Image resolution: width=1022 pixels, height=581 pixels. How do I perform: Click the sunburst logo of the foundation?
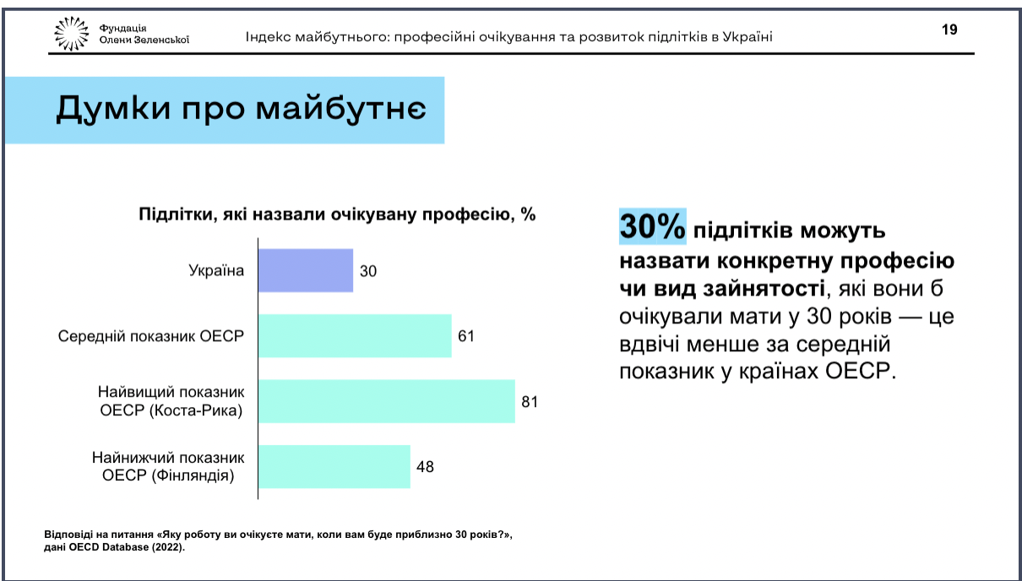pyautogui.click(x=71, y=33)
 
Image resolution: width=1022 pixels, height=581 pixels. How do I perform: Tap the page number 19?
pyautogui.click(x=949, y=30)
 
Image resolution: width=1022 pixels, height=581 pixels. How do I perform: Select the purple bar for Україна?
pyautogui.click(x=306, y=270)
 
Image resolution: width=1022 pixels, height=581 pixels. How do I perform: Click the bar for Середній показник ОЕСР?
pyautogui.click(x=355, y=335)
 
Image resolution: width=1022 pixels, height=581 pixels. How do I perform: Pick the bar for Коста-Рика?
pyautogui.click(x=387, y=401)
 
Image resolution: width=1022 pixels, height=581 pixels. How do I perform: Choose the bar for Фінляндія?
pyautogui.click(x=334, y=466)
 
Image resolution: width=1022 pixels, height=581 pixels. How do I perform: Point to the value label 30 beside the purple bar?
pyautogui.click(x=368, y=271)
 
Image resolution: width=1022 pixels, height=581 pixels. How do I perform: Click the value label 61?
pyautogui.click(x=466, y=336)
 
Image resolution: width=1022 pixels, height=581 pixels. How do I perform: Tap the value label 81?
pyautogui.click(x=530, y=402)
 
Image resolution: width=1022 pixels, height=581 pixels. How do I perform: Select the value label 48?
pyautogui.click(x=425, y=467)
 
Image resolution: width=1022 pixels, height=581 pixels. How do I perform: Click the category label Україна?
pyautogui.click(x=216, y=270)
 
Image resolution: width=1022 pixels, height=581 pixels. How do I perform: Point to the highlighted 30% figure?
pyautogui.click(x=652, y=226)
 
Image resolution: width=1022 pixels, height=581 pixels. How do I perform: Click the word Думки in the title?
pyautogui.click(x=113, y=109)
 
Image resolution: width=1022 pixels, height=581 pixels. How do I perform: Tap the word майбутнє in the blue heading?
pyautogui.click(x=341, y=110)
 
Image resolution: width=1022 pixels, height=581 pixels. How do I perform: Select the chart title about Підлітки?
pyautogui.click(x=337, y=214)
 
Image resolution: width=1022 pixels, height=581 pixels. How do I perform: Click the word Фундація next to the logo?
pyautogui.click(x=122, y=28)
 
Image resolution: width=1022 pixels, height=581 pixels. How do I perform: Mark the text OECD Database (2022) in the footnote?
pyautogui.click(x=127, y=547)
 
